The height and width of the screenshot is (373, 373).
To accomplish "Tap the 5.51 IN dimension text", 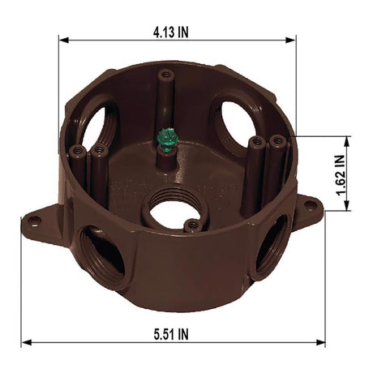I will [173, 333].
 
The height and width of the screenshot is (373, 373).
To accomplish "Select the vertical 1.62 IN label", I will [341, 173].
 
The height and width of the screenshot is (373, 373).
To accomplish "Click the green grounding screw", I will [167, 139].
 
